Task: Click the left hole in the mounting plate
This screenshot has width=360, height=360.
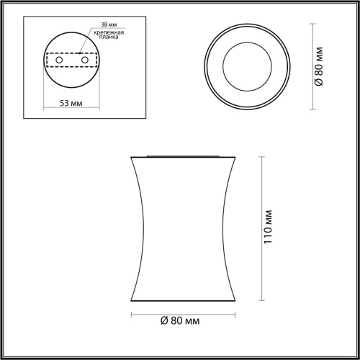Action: point(58,60)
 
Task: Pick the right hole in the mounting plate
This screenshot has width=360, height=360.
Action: point(84,60)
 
